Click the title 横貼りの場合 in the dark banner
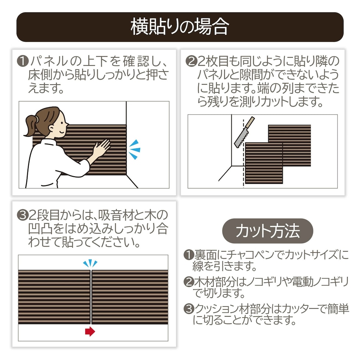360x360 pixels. (180, 27)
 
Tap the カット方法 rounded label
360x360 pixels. (267, 231)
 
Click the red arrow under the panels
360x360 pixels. (90, 331)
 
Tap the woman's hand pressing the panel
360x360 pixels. (102, 148)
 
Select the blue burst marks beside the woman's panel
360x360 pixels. (134, 150)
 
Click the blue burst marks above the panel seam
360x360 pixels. (90, 263)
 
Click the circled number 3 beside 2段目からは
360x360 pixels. (23, 215)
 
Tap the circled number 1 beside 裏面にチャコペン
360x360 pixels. (189, 255)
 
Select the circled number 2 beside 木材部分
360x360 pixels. (189, 282)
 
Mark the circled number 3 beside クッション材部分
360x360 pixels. (189, 309)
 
